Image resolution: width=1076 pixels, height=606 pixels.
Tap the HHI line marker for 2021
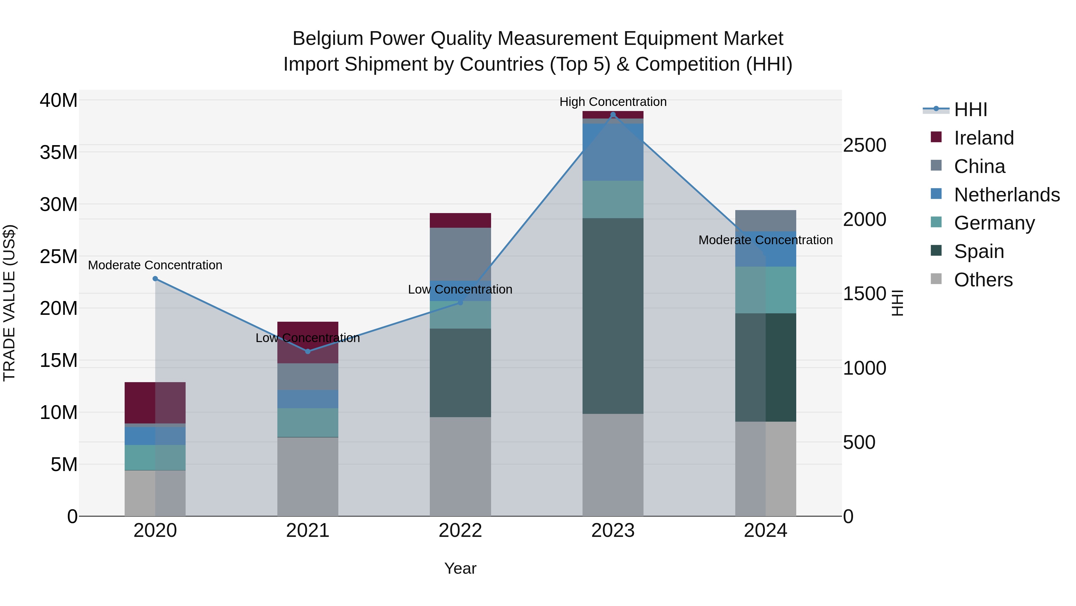(x=308, y=351)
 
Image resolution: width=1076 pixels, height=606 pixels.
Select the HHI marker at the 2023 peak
(x=613, y=115)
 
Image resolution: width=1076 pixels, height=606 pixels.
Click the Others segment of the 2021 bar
(x=308, y=476)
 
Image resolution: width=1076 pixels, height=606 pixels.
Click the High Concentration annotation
(x=613, y=102)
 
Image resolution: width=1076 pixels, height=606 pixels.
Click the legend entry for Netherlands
(x=1007, y=195)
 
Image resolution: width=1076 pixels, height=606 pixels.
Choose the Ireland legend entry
(x=984, y=138)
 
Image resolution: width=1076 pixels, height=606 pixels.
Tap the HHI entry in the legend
(x=970, y=110)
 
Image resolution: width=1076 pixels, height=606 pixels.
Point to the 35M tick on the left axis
(x=59, y=152)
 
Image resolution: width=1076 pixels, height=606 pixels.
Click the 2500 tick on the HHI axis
(x=864, y=145)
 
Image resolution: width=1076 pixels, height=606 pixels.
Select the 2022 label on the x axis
(x=460, y=531)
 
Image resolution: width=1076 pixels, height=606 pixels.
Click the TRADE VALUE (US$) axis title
(x=9, y=303)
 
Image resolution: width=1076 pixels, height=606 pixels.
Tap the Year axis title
(x=460, y=568)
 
